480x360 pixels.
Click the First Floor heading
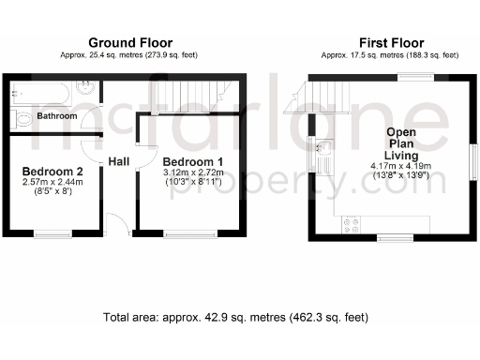tap(391, 43)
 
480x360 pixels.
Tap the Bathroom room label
tap(56, 116)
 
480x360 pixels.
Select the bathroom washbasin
tap(85, 91)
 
